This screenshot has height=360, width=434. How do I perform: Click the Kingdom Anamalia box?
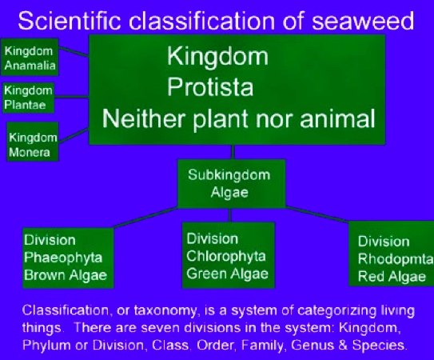29,58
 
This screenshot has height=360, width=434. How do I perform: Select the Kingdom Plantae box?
29,98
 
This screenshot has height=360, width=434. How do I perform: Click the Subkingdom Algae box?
229,182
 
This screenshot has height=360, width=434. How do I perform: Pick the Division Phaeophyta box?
65,258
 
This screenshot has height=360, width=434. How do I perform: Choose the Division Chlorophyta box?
228,254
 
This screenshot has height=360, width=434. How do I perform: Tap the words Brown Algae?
65,276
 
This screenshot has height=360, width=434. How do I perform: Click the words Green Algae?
227,273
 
